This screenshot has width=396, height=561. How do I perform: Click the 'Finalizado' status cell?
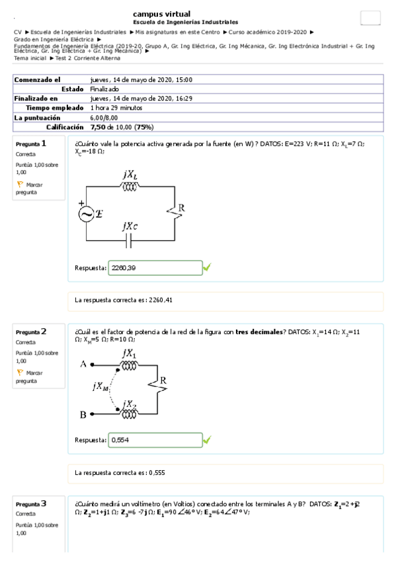(x=104, y=89)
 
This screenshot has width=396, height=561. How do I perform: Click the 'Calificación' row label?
(x=65, y=126)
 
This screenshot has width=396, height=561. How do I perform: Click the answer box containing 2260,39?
(x=155, y=268)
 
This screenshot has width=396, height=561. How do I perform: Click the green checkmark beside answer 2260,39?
(x=207, y=267)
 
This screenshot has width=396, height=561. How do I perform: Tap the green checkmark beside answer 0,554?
(x=207, y=439)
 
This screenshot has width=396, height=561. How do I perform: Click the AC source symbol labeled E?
(x=87, y=214)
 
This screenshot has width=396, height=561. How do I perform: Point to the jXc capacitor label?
(x=130, y=226)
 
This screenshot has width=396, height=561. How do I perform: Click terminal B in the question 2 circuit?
(x=83, y=414)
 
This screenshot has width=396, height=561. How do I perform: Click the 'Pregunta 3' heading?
(x=31, y=504)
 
